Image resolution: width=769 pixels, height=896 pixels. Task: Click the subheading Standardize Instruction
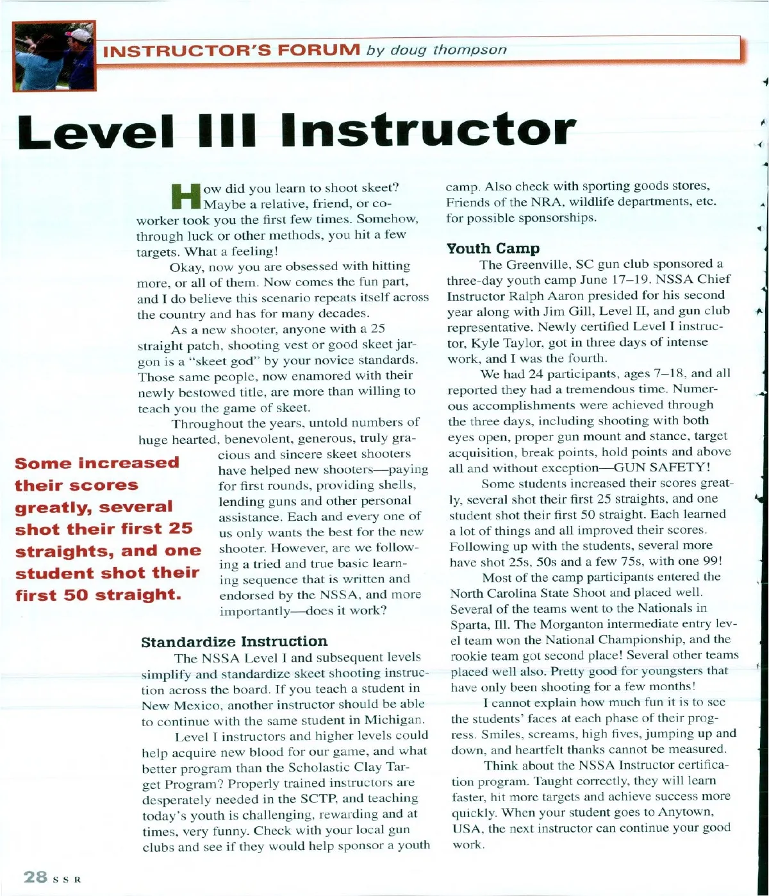[234, 641]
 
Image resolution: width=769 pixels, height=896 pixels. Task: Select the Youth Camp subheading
[493, 248]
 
